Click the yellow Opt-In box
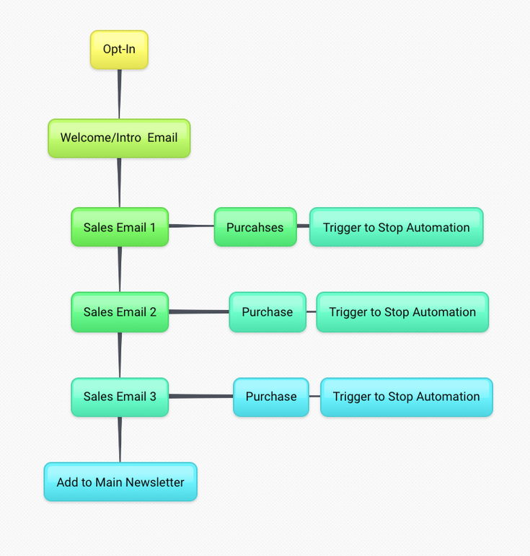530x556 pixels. click(x=119, y=50)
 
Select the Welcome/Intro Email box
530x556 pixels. click(x=119, y=138)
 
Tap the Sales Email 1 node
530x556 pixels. click(x=120, y=227)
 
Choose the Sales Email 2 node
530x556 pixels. click(x=120, y=312)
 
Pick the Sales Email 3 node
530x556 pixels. click(x=120, y=397)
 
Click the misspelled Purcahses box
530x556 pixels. click(x=255, y=227)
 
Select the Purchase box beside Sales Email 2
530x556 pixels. click(x=268, y=312)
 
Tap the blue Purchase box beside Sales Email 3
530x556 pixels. click(x=271, y=397)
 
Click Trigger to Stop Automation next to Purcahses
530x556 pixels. click(x=396, y=227)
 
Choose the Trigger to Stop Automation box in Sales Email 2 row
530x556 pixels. click(x=402, y=312)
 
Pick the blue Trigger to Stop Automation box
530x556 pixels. click(x=406, y=397)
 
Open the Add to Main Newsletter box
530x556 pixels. click(x=120, y=482)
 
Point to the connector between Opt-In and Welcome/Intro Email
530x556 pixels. click(x=119, y=94)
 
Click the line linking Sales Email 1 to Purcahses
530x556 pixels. click(x=191, y=226)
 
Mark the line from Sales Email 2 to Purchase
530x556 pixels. click(x=198, y=312)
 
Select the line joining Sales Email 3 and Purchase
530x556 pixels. click(x=200, y=396)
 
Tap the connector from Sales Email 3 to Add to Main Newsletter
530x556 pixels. click(x=120, y=439)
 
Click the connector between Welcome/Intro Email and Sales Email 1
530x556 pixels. click(x=119, y=182)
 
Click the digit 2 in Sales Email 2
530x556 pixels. click(x=153, y=312)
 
